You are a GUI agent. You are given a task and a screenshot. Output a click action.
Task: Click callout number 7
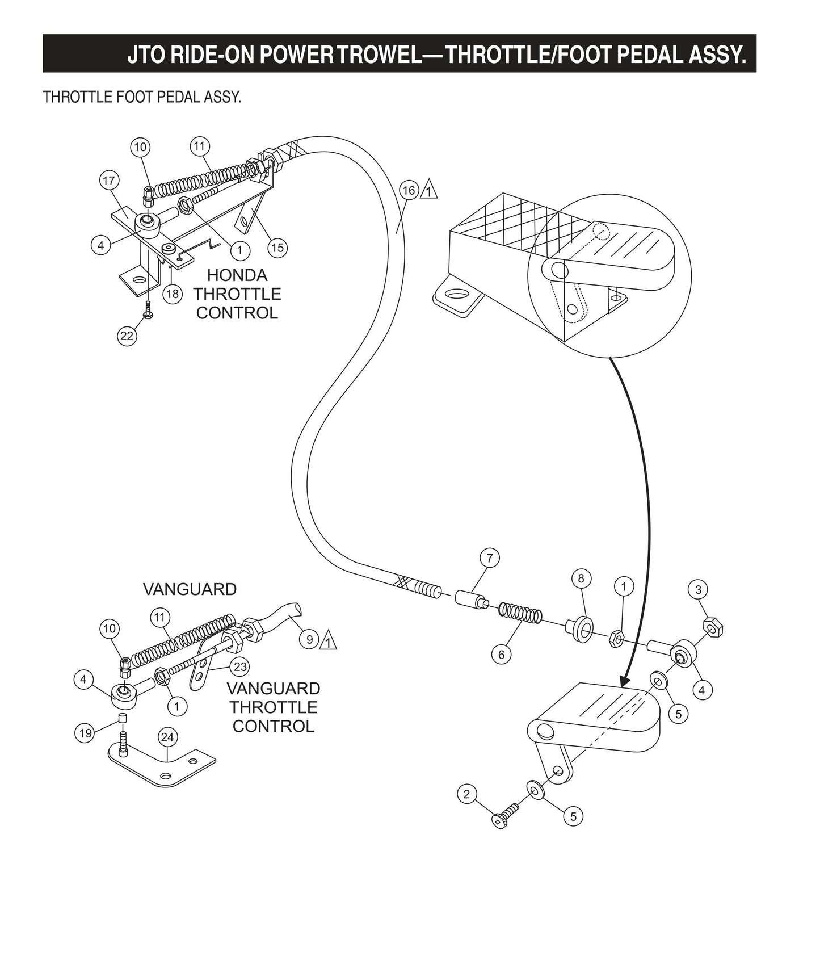tap(490, 558)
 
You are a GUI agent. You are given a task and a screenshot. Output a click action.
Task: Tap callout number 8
tap(581, 578)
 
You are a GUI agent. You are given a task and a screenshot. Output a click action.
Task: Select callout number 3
tap(698, 590)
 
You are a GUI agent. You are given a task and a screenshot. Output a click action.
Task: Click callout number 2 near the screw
tap(466, 794)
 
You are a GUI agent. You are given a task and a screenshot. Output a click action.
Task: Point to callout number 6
tap(501, 655)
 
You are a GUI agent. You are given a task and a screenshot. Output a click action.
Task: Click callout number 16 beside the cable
tap(410, 191)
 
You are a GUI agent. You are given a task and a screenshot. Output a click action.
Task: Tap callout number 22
tap(127, 336)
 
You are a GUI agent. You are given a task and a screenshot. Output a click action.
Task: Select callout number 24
tap(167, 737)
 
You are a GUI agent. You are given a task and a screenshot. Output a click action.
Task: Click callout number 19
tap(85, 733)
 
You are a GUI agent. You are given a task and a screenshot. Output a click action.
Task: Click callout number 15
tap(277, 248)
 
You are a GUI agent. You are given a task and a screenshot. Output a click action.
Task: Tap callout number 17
tap(108, 181)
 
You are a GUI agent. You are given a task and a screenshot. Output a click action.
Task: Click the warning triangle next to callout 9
tap(329, 641)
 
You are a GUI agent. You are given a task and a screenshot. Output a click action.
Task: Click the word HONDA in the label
tap(237, 275)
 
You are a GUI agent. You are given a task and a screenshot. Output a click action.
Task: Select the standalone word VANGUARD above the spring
tap(190, 589)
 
